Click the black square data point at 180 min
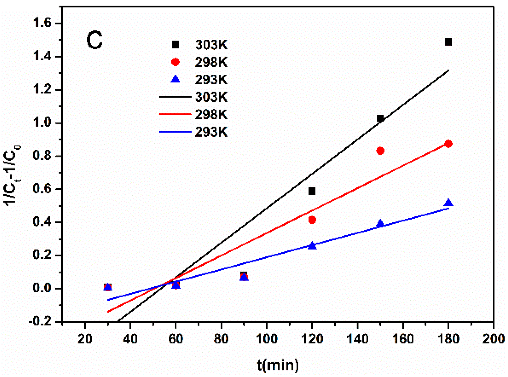point(448,42)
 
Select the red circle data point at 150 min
point(380,151)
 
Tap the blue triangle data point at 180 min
point(448,203)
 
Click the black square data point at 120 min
point(311,191)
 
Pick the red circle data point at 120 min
point(312,220)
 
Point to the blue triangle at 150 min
point(380,224)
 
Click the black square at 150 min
point(380,118)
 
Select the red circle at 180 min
point(448,144)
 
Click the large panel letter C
point(94,41)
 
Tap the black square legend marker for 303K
point(175,45)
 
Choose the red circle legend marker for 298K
point(175,62)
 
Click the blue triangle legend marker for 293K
point(175,79)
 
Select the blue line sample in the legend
point(175,132)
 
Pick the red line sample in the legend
point(175,114)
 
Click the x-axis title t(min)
point(278,365)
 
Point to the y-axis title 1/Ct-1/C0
point(12,175)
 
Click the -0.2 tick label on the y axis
point(40,322)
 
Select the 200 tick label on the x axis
point(493,339)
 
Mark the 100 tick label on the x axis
point(266,339)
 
